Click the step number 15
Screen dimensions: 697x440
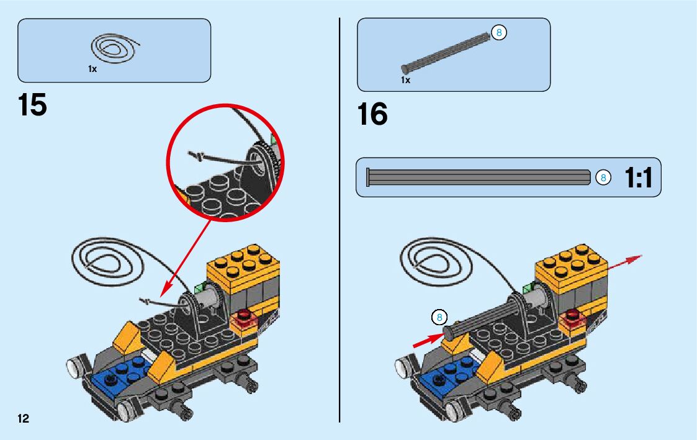pos(33,105)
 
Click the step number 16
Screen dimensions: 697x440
pos(372,115)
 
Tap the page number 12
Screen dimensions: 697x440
pos(23,418)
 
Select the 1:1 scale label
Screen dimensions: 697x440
pos(639,179)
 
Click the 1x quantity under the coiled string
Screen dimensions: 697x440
pos(92,70)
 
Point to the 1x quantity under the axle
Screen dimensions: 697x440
pos(405,80)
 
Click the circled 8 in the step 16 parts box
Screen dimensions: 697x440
pos(498,32)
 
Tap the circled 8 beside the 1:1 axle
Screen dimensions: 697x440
pos(601,178)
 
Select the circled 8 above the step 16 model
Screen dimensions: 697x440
pos(439,318)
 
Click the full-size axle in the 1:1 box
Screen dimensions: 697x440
pos(478,177)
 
